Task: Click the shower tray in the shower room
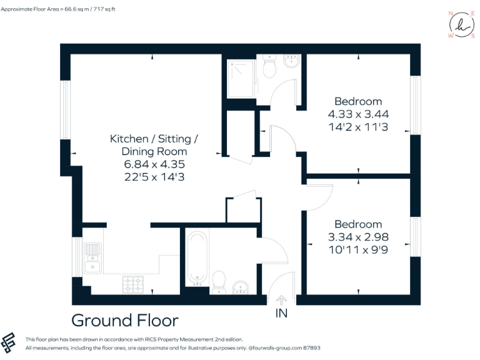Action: point(241,78)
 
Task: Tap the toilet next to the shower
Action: point(270,67)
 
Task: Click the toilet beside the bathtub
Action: point(219,281)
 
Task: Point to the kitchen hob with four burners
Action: point(132,284)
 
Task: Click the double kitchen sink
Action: point(92,259)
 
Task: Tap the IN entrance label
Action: point(281,313)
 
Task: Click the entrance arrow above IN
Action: point(281,301)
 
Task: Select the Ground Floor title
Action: point(125,321)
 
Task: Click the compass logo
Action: point(461,25)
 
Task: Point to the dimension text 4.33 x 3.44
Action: point(358,114)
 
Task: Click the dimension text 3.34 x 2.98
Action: point(358,237)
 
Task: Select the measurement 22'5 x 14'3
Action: point(154,177)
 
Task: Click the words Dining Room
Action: point(154,151)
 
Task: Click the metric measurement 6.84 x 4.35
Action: point(154,164)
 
